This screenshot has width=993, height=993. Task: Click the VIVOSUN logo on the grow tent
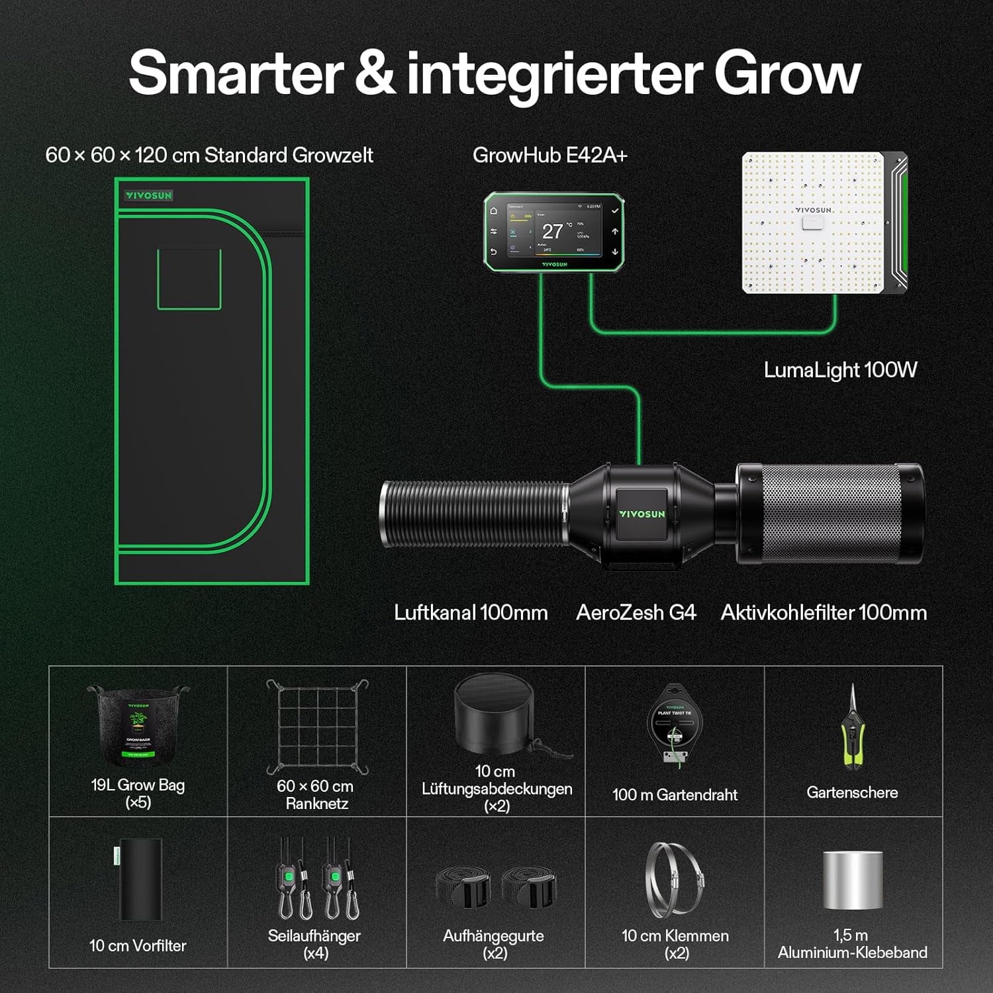click(149, 195)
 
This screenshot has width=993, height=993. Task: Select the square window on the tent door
click(189, 279)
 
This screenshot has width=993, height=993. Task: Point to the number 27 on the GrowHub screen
click(552, 231)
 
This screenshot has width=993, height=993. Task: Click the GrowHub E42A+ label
click(549, 155)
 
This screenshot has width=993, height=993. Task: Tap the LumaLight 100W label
click(840, 369)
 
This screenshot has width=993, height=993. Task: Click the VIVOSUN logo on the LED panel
click(813, 210)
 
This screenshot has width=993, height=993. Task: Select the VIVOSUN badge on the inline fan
click(641, 514)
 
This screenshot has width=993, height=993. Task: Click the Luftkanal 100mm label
click(471, 612)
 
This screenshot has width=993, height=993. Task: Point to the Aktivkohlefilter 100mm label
click(824, 612)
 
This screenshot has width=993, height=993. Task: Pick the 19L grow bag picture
click(138, 725)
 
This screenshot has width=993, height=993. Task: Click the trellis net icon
click(317, 726)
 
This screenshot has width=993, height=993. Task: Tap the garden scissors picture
click(853, 728)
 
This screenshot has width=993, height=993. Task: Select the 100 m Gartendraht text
click(675, 794)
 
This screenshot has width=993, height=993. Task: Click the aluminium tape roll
click(853, 880)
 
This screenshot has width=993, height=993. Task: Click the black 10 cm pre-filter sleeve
click(140, 879)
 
